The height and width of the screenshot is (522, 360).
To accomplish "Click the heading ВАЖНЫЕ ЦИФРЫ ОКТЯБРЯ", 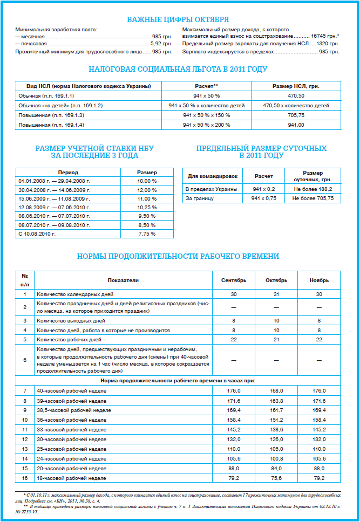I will tap(177, 19).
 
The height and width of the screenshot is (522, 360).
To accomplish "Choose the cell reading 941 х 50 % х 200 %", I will tap(207, 125).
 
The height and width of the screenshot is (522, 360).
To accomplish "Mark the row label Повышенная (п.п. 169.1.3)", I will tap(51, 115).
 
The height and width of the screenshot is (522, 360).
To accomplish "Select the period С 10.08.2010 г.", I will tap(37, 233).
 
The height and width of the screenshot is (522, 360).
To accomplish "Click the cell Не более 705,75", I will tap(313, 198).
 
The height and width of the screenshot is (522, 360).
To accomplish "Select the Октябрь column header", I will tap(276, 280).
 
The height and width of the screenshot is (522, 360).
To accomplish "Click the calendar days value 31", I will tap(276, 294).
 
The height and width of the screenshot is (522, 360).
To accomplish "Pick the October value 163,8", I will tap(276, 401).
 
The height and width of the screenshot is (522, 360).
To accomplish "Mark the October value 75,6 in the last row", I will tap(276, 478).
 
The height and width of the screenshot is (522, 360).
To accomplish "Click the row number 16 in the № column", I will tap(24, 478).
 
